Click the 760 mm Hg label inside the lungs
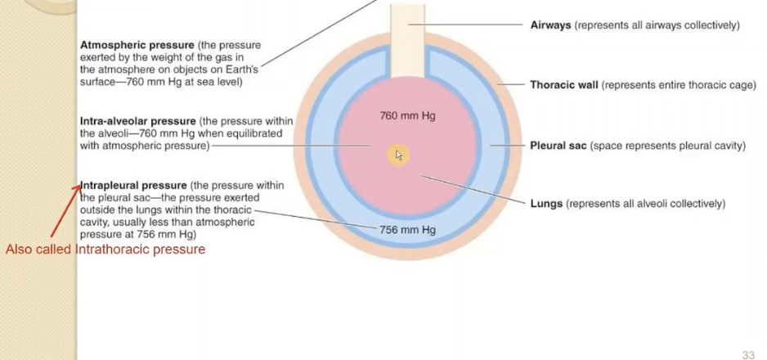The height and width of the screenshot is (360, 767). click(x=407, y=116)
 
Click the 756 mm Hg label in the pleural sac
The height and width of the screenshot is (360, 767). click(x=407, y=230)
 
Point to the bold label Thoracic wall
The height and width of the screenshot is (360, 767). click(x=563, y=84)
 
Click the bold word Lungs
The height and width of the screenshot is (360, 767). click(x=546, y=204)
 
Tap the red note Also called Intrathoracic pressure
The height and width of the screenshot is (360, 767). click(x=105, y=249)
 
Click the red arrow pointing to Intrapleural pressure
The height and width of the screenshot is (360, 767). click(x=65, y=212)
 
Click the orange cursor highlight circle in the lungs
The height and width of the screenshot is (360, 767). click(x=398, y=155)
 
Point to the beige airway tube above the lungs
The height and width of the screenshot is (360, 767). click(x=408, y=25)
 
